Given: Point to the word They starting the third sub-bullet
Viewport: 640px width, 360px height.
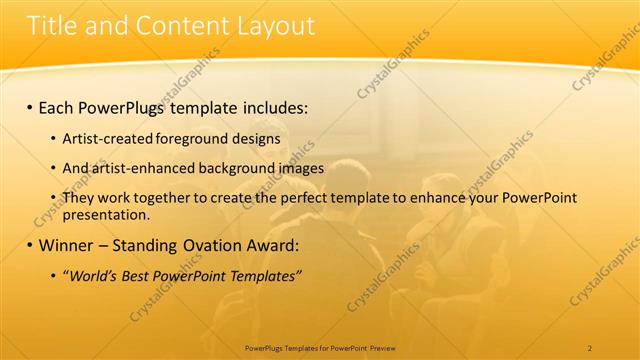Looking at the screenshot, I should point(80,199).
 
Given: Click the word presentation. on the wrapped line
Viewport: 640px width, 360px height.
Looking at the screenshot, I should point(106,214).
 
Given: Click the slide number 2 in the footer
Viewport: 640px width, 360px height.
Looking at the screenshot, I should point(589,347).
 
